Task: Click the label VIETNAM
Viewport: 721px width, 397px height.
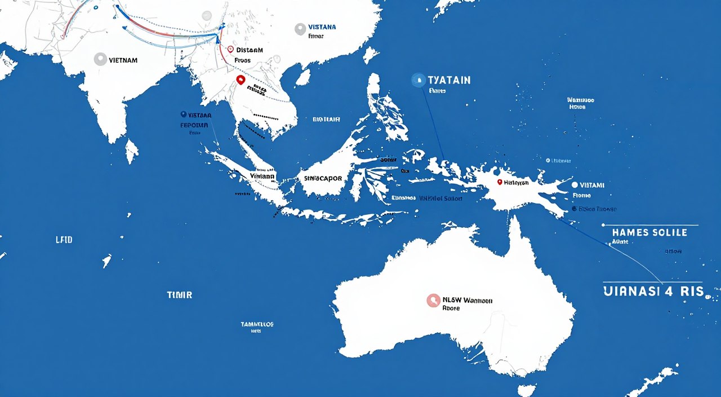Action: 122,60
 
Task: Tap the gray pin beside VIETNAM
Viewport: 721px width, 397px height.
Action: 100,59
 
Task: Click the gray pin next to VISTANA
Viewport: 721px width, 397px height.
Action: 300,29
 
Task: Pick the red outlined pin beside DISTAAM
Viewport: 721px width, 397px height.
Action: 230,50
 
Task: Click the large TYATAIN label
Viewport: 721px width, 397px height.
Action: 449,80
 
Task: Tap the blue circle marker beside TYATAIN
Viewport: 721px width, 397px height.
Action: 417,80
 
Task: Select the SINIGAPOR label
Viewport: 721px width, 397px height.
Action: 322,178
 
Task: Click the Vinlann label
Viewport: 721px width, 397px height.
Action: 262,176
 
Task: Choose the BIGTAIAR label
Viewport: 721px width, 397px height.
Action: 326,120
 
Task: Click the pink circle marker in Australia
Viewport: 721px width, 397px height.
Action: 433,301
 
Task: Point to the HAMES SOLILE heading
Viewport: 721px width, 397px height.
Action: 649,232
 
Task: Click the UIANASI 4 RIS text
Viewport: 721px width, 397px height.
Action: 653,292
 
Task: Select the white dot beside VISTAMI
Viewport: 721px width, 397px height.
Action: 574,185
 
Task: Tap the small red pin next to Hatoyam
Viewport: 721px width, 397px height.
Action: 499,182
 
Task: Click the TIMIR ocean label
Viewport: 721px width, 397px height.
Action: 180,295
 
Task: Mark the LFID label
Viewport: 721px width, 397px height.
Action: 64,240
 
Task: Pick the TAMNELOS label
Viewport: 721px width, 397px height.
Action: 257,324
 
